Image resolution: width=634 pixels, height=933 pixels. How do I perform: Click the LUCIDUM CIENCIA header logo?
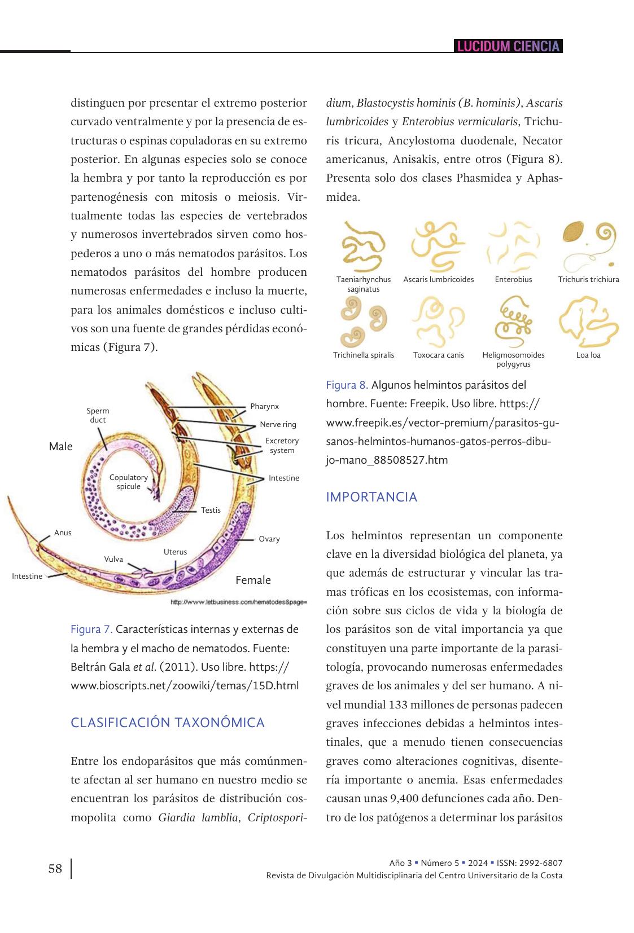point(508,46)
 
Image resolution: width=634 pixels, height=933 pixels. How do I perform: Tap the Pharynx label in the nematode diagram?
point(264,406)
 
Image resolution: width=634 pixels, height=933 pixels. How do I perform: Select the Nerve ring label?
point(278,424)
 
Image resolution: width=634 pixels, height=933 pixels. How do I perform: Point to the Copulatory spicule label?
point(129,482)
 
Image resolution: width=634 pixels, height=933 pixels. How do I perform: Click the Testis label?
point(211,510)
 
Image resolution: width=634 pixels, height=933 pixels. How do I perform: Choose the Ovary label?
point(269,539)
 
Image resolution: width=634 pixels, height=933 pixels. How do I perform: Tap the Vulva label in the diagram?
point(113,559)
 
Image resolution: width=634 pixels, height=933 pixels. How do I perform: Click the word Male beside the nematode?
point(61,446)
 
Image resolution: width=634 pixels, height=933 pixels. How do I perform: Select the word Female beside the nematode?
point(253,580)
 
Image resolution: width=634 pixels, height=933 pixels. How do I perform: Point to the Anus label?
point(63,532)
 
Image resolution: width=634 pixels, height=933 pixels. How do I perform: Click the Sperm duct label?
point(98,415)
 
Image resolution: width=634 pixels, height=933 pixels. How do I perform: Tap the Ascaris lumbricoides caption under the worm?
point(439,279)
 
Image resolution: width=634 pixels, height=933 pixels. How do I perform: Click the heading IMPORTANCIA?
point(371,497)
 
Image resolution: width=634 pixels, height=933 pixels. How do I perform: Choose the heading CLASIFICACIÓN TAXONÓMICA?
point(167,723)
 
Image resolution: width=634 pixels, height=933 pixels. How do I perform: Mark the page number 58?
point(55,869)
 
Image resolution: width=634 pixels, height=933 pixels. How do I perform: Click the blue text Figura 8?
point(347,385)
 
